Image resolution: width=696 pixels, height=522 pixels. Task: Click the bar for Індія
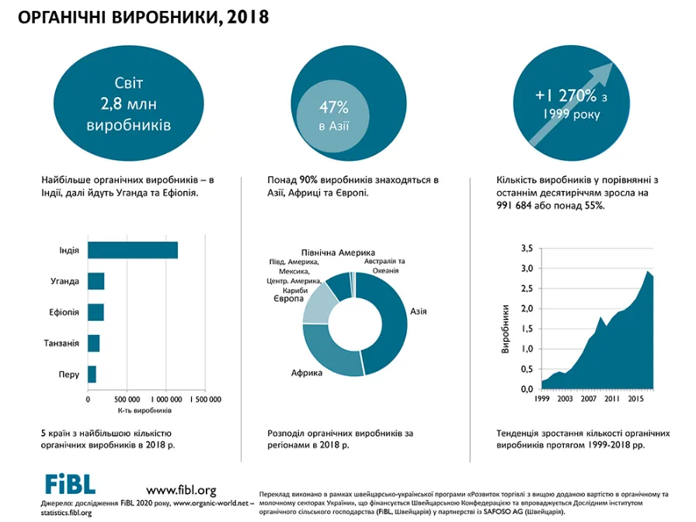click(133, 250)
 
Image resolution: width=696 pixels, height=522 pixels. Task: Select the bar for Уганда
click(96, 281)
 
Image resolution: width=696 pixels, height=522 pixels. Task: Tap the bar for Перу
click(92, 374)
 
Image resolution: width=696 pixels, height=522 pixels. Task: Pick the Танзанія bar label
click(61, 343)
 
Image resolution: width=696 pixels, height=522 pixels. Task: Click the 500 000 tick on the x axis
click(127, 399)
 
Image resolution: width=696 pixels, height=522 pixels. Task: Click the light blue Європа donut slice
click(318, 304)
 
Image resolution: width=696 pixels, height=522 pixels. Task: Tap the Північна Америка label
click(338, 252)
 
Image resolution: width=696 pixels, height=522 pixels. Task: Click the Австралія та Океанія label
click(385, 266)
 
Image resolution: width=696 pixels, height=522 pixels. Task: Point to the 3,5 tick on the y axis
click(527, 248)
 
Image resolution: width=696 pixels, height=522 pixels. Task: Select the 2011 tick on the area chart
click(612, 398)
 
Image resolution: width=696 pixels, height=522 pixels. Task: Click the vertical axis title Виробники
click(505, 329)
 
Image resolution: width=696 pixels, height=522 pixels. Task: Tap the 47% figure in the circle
click(334, 107)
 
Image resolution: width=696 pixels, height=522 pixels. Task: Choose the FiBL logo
click(70, 484)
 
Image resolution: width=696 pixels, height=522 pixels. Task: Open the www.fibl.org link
click(181, 490)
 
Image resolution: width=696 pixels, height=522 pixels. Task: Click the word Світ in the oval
click(129, 83)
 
